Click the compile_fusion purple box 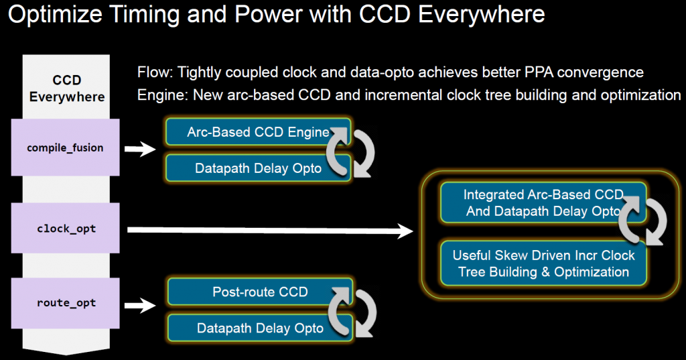[x=65, y=147]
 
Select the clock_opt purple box [x=65, y=228]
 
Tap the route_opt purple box [x=65, y=302]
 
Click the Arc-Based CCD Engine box [x=258, y=132]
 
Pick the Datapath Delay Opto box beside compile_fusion [x=258, y=168]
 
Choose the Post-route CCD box [x=260, y=292]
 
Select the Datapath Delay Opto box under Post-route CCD [x=260, y=328]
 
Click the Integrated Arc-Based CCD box [x=543, y=202]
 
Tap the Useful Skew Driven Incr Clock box [x=543, y=263]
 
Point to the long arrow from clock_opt [x=270, y=230]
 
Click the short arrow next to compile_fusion [x=140, y=149]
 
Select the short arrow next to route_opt [x=140, y=305]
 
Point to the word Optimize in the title [x=56, y=15]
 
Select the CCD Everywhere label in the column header [x=67, y=88]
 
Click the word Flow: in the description [x=155, y=72]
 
